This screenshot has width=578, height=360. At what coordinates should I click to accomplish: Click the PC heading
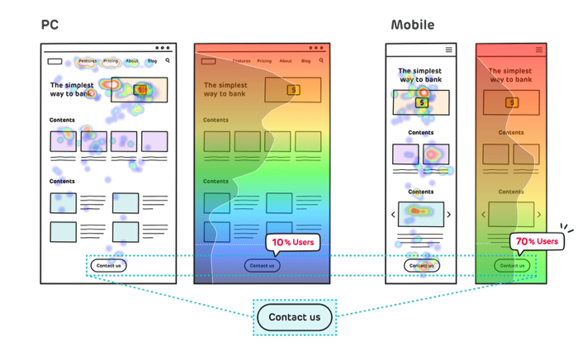(x=50, y=26)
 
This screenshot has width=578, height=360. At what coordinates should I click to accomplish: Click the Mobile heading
(x=412, y=26)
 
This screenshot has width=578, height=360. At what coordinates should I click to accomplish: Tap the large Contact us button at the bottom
(x=294, y=317)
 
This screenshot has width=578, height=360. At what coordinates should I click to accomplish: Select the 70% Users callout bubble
(x=535, y=242)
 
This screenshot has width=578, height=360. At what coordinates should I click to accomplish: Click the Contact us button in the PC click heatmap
(x=108, y=265)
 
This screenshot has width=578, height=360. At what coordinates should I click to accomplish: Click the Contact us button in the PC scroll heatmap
(x=262, y=265)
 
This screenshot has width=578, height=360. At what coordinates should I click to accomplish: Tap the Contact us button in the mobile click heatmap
(x=421, y=265)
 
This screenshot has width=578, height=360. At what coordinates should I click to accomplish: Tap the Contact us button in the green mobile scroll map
(x=512, y=265)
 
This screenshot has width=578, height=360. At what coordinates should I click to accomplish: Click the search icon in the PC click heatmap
(x=168, y=60)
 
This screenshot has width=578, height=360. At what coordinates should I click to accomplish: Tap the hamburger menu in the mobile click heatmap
(x=449, y=50)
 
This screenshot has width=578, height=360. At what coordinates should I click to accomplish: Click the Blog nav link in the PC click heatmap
(x=152, y=61)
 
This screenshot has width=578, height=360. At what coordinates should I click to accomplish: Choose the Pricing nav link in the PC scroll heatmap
(x=264, y=61)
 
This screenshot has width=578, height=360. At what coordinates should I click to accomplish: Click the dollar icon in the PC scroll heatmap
(x=293, y=90)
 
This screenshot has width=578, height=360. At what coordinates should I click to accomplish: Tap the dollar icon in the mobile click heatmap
(x=422, y=102)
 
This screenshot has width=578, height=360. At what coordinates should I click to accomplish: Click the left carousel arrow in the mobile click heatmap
(x=393, y=215)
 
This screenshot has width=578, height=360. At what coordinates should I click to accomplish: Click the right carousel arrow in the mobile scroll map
(x=538, y=215)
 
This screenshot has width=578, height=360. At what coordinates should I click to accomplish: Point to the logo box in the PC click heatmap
(x=54, y=61)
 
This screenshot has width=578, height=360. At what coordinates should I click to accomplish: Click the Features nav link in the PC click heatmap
(x=88, y=61)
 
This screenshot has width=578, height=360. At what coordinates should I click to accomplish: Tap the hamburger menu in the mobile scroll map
(x=539, y=50)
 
